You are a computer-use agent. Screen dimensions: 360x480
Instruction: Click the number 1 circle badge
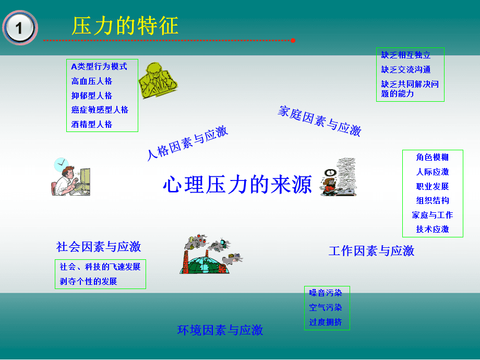[x=20, y=28]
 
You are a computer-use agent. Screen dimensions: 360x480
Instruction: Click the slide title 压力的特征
[x=125, y=26]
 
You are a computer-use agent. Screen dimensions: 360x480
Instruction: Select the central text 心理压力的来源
[x=237, y=184]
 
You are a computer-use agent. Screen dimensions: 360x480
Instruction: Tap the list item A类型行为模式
[x=99, y=67]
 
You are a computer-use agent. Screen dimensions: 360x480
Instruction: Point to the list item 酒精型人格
[x=92, y=124]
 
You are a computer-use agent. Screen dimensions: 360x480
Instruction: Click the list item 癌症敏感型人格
[x=100, y=110]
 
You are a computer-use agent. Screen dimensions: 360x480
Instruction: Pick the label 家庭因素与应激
[x=320, y=121]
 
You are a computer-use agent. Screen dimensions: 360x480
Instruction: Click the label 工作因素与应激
[x=371, y=251]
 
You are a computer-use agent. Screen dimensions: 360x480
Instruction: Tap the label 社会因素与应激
[x=99, y=246]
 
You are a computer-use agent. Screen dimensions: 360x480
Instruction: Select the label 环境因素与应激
[x=220, y=330]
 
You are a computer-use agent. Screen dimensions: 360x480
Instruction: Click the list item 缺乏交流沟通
[x=406, y=69]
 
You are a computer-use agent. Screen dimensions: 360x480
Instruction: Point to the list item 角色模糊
[x=433, y=158]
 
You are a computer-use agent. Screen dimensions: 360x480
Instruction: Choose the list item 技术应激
[x=433, y=229]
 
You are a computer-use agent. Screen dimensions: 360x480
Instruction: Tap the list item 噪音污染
[x=326, y=293]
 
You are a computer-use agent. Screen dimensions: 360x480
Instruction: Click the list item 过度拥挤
[x=326, y=322]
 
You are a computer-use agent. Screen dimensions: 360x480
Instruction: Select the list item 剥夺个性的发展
[x=89, y=281]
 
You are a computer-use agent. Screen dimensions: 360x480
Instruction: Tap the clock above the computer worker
[x=62, y=164]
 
